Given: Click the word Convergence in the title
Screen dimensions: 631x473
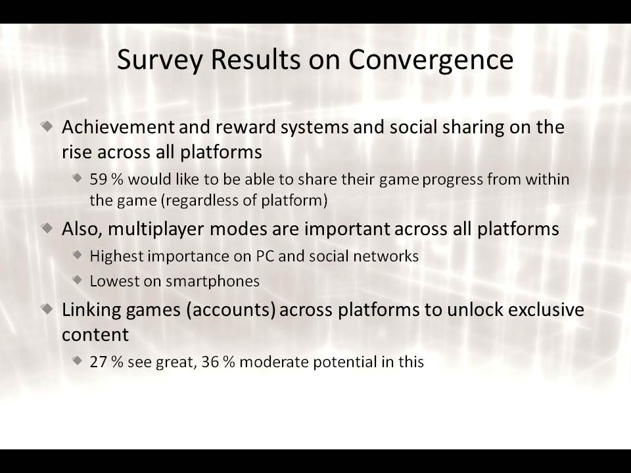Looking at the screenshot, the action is (431, 60).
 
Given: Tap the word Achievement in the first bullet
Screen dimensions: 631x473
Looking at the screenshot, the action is (118, 127).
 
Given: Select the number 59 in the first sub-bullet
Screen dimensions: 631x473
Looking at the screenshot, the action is (98, 179).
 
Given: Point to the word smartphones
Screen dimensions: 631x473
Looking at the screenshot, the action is (212, 282).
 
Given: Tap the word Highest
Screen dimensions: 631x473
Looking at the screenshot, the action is (116, 257).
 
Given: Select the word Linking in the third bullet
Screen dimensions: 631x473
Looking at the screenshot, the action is (91, 310).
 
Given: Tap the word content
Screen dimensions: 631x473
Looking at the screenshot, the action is (95, 335).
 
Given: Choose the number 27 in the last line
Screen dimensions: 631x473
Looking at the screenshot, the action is (98, 362).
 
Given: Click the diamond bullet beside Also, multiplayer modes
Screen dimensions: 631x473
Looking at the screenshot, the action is (47, 229).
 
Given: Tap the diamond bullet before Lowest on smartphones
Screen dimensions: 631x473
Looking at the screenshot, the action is (78, 280).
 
